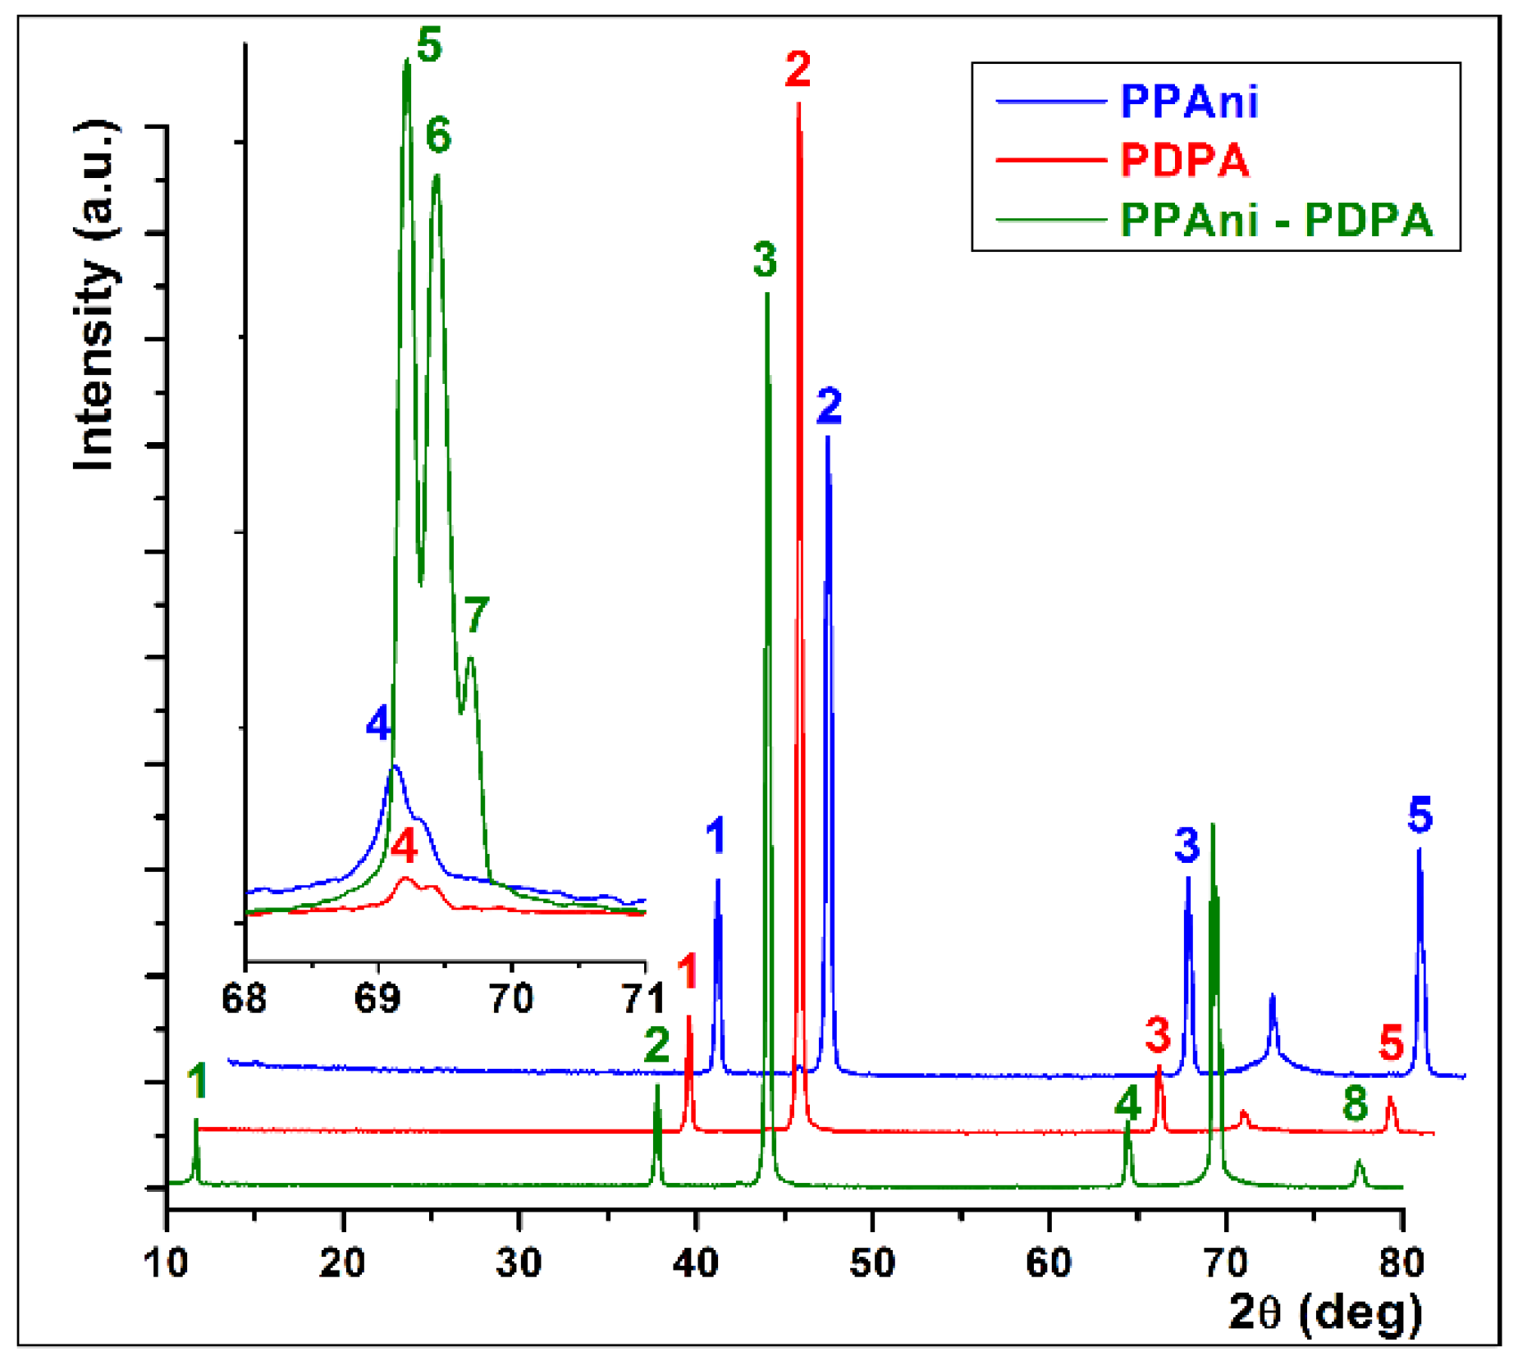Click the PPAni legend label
coord(1187,102)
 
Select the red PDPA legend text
coord(1184,160)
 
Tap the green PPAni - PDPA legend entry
coord(1275,220)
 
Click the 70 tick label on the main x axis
coord(1226,1262)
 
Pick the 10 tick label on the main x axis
coord(167,1262)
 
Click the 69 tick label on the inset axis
coord(377,998)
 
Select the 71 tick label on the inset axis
coord(643,998)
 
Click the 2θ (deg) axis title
coord(1325,1312)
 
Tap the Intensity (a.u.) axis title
coord(95,295)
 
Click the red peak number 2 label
coord(798,69)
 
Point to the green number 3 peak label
coord(765,260)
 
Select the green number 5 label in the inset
coord(429,45)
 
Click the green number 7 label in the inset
coord(476,614)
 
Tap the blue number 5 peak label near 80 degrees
coord(1420,815)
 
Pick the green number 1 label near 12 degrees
coord(197,1081)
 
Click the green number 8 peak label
coord(1356,1104)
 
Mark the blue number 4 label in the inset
coord(378,724)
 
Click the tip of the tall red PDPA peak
coord(798,105)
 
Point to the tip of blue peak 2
coord(828,439)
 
